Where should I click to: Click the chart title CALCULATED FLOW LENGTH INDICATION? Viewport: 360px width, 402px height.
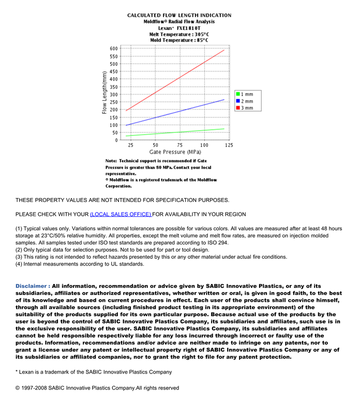pyautogui.click(x=179, y=16)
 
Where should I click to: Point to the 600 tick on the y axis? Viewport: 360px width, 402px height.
pyautogui.click(x=114, y=49)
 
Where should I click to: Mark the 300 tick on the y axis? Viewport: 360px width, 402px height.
pyautogui.click(x=114, y=95)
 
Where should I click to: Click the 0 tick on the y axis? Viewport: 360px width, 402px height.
pyautogui.click(x=117, y=140)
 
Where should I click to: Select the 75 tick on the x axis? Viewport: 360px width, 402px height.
pyautogui.click(x=179, y=145)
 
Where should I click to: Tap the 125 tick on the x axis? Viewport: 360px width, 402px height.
pyautogui.click(x=229, y=145)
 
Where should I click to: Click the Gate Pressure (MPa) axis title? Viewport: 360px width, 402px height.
pyautogui.click(x=175, y=152)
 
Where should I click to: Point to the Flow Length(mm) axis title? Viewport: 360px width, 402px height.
pyautogui.click(x=104, y=93)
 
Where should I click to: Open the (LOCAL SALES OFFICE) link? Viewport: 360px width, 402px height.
pyautogui.click(x=121, y=214)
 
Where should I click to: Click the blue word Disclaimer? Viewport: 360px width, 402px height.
pyautogui.click(x=32, y=286)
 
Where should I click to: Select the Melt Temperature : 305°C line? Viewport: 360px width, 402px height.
pyautogui.click(x=179, y=34)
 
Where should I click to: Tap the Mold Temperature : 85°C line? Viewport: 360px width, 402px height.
pyautogui.click(x=179, y=40)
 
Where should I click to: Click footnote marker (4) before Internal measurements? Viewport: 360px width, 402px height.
pyautogui.click(x=19, y=264)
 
